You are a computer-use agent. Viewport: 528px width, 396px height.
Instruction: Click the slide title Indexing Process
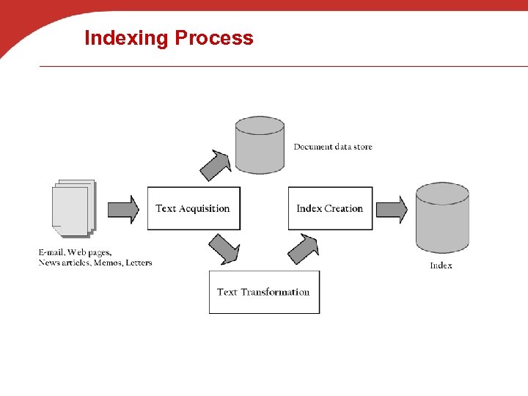pyautogui.click(x=169, y=38)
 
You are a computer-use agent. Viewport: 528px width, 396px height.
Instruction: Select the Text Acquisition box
pyautogui.click(x=194, y=208)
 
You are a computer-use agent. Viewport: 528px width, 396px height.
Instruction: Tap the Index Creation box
pyautogui.click(x=330, y=208)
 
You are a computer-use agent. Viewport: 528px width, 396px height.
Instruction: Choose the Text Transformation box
pyautogui.click(x=264, y=292)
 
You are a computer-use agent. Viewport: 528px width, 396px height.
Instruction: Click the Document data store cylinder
pyautogui.click(x=260, y=144)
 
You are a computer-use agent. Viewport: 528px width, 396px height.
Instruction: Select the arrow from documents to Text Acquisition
pyautogui.click(x=123, y=209)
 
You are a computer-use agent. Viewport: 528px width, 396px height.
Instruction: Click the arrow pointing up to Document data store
pyautogui.click(x=216, y=164)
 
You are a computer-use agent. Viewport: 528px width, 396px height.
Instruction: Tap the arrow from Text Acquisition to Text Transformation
pyautogui.click(x=224, y=249)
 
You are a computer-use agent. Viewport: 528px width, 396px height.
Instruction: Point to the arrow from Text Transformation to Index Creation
pyautogui.click(x=303, y=249)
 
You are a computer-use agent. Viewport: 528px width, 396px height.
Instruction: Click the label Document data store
pyautogui.click(x=333, y=147)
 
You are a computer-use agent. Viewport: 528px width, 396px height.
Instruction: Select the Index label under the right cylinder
pyautogui.click(x=441, y=265)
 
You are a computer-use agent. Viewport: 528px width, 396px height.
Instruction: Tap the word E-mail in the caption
pyautogui.click(x=51, y=253)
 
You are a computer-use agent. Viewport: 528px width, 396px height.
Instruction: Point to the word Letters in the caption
pyautogui.click(x=139, y=263)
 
